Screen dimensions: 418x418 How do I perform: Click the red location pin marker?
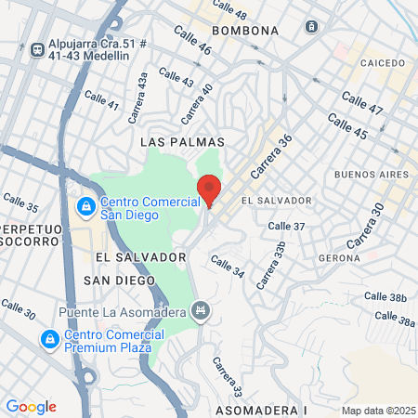point(209,189)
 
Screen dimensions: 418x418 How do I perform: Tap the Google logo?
point(31,407)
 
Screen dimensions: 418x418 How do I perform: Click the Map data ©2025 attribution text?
point(378,411)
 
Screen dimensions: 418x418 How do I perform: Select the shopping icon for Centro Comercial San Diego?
point(85,204)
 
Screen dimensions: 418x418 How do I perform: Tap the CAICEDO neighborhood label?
point(382,63)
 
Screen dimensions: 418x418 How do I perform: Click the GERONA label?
point(338,256)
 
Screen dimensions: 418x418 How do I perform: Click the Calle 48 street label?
point(229,10)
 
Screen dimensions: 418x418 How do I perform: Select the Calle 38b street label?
point(385,297)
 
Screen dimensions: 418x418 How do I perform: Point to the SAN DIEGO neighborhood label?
point(117,280)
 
